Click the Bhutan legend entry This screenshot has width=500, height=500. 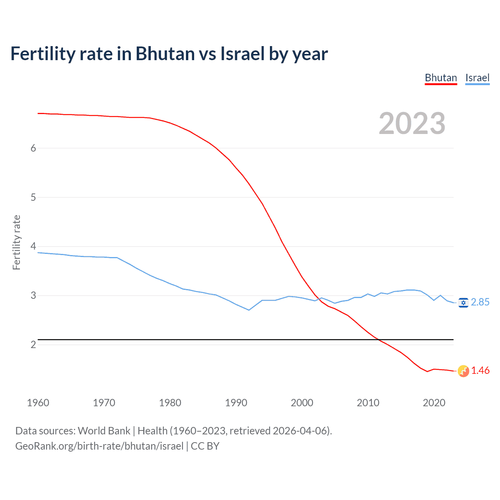(441, 78)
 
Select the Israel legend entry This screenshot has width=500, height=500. (477, 78)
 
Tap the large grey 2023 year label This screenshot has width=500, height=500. (412, 123)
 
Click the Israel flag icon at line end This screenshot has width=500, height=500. (463, 302)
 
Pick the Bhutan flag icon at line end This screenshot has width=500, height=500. (463, 371)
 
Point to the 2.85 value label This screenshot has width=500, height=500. (480, 302)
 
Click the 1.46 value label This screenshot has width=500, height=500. (480, 370)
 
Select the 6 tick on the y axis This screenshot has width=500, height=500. (33, 148)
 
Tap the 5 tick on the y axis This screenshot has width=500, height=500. (33, 197)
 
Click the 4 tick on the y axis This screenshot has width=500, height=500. (33, 246)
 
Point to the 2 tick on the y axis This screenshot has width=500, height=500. (33, 345)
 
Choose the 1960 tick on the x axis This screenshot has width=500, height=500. (38, 403)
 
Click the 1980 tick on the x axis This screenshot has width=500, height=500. (170, 403)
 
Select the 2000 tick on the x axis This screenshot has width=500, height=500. (302, 403)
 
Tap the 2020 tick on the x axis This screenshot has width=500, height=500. (434, 403)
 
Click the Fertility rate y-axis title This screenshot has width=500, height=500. (16, 242)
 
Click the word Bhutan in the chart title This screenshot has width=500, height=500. (165, 54)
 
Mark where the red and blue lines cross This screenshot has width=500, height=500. (318, 299)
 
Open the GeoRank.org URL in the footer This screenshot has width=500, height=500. (99, 446)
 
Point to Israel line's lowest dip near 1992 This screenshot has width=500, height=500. (249, 310)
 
